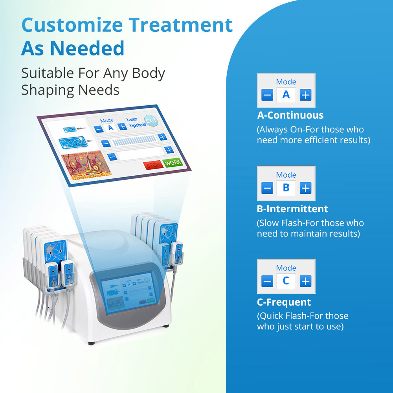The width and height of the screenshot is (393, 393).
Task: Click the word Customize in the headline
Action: point(72,25)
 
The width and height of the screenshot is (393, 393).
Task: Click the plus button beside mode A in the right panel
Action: point(305,95)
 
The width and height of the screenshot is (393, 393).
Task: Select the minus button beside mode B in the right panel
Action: point(267,188)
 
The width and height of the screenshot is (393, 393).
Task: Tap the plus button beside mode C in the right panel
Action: point(305,281)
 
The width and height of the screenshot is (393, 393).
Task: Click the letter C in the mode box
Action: point(286,281)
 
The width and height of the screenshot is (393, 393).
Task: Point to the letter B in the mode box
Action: point(286,188)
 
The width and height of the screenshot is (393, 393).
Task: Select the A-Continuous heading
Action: point(290,115)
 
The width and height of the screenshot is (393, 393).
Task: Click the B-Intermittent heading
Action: point(292,209)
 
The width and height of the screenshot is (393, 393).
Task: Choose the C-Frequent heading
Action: point(284,302)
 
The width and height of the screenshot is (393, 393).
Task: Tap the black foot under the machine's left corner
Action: point(91,343)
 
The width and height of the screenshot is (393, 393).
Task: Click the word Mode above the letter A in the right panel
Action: point(286,82)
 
